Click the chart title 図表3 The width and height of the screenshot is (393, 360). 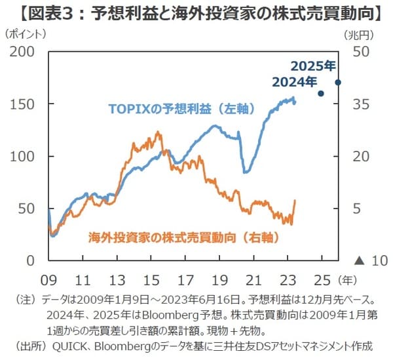196,12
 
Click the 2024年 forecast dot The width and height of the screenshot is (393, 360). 321,93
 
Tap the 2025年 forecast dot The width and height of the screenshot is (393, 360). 338,82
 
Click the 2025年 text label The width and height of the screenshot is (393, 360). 312,66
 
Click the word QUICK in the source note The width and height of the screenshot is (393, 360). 73,346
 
